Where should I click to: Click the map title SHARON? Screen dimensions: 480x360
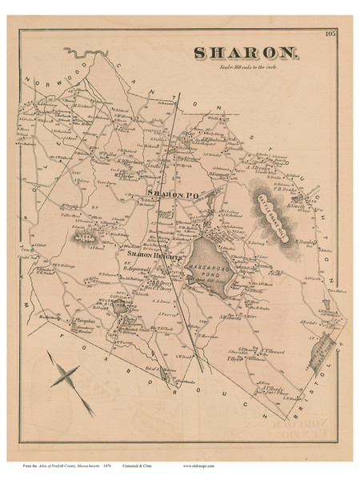point(246,54)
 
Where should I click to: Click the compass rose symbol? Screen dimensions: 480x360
point(67,377)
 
